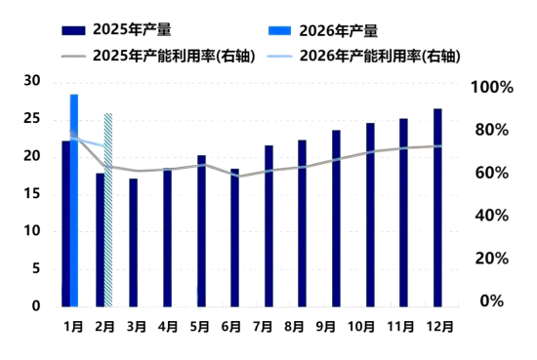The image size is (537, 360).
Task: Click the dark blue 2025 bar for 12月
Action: click(437, 208)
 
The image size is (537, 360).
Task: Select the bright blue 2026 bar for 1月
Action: click(74, 200)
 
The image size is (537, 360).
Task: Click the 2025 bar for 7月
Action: click(268, 226)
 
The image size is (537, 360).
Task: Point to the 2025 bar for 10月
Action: click(370, 215)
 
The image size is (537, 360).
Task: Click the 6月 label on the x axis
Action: click(234, 327)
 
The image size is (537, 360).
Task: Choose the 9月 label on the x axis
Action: click(336, 327)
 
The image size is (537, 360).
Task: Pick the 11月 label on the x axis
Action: click(404, 327)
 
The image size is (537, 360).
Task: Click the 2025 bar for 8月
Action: click(303, 223)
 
